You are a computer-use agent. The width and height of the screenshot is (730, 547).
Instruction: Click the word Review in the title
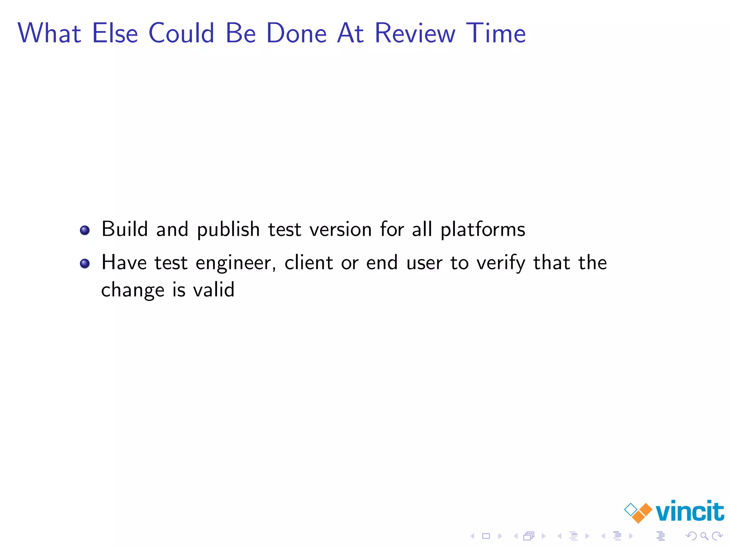pyautogui.click(x=415, y=33)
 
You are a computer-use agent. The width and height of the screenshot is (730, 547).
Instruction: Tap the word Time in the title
pyautogui.click(x=495, y=33)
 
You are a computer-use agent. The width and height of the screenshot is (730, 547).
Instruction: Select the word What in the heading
pyautogui.click(x=50, y=33)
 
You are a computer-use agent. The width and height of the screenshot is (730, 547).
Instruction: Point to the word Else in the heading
pyautogui.click(x=115, y=33)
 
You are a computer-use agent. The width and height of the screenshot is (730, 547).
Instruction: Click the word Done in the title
pyautogui.click(x=296, y=33)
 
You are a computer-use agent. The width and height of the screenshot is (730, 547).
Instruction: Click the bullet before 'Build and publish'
pyautogui.click(x=85, y=230)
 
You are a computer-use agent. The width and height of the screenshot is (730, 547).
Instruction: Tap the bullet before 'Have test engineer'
pyautogui.click(x=85, y=264)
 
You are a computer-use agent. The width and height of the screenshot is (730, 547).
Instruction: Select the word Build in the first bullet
pyautogui.click(x=124, y=229)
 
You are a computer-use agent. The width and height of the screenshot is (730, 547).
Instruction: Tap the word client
pyautogui.click(x=309, y=263)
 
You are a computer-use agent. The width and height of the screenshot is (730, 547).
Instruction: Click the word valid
pyautogui.click(x=214, y=290)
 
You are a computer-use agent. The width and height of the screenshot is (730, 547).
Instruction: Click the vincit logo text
pyautogui.click(x=690, y=511)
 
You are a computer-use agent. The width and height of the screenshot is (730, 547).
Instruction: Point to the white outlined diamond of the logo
pyautogui.click(x=631, y=509)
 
